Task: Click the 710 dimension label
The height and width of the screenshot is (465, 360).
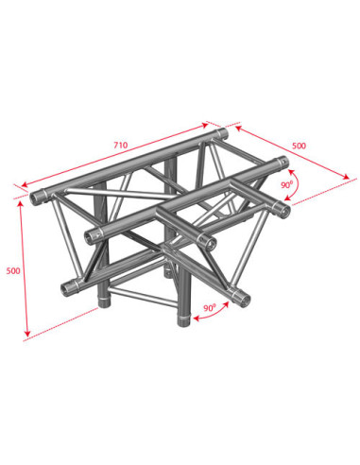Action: pos(121,145)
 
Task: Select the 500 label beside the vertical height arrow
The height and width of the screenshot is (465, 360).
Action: pos(13,270)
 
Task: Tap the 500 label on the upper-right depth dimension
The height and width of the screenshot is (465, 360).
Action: pos(299,146)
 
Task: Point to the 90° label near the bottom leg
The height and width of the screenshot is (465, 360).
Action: pos(210,307)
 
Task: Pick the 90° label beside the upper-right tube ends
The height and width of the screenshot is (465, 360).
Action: pos(287,184)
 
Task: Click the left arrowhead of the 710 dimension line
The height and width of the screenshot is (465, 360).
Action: pos(25,184)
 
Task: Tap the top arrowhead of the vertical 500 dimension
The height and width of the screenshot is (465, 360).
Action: pos(21,203)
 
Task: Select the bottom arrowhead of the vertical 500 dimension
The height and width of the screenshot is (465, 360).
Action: pos(27,334)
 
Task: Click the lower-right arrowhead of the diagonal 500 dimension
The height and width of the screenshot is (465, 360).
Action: pos(347,177)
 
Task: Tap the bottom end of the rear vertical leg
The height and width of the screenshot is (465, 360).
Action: pos(103,301)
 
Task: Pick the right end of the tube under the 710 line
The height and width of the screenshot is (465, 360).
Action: pos(223,133)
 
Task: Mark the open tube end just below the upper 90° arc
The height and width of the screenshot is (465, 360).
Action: pos(283,211)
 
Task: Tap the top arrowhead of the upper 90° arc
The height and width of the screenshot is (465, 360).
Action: pos(292,172)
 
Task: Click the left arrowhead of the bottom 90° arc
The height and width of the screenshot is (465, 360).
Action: pos(196,319)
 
